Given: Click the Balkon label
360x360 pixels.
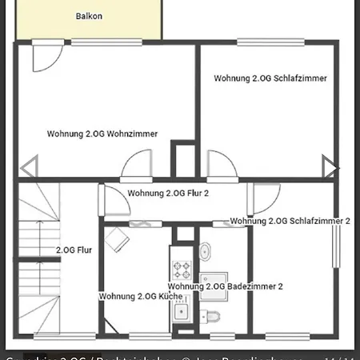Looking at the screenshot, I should pyautogui.click(x=89, y=16).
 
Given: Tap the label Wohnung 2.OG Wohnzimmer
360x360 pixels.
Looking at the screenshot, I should pyautogui.click(x=102, y=134).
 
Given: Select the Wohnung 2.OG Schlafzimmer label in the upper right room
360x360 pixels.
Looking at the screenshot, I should pyautogui.click(x=270, y=78).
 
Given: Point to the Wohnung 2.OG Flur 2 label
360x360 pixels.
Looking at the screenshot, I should pyautogui.click(x=168, y=194).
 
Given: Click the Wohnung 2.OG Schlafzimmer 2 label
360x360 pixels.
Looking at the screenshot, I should pyautogui.click(x=290, y=220).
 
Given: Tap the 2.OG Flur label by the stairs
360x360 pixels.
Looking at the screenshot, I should pyautogui.click(x=74, y=250).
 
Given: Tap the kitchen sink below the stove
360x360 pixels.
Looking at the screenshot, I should pyautogui.click(x=181, y=311).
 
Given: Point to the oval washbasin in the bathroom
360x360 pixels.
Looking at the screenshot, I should pyautogui.click(x=206, y=251).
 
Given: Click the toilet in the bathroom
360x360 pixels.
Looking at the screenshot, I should pyautogui.click(x=213, y=314).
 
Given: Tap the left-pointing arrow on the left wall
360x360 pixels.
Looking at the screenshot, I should pyautogui.click(x=28, y=168).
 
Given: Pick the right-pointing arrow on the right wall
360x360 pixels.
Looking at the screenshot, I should pyautogui.click(x=330, y=166).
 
